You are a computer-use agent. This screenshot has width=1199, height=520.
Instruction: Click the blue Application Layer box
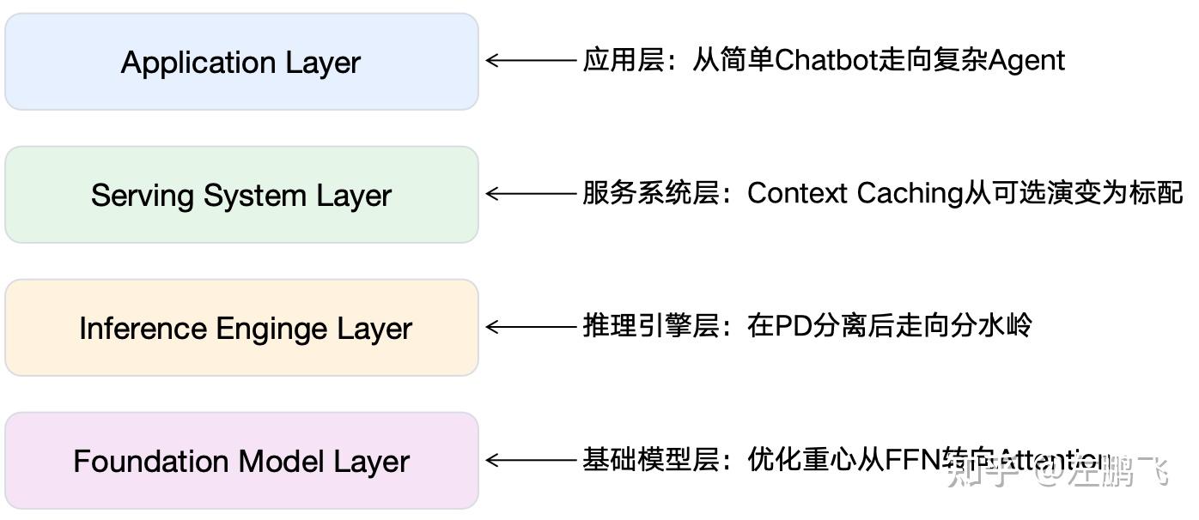tap(241, 62)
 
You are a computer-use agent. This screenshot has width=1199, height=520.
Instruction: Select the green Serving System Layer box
tap(241, 195)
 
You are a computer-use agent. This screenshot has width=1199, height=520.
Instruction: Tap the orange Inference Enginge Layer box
tap(241, 328)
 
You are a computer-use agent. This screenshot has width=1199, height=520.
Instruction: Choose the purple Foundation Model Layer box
tap(241, 461)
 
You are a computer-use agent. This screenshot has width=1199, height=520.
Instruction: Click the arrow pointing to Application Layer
tap(531, 60)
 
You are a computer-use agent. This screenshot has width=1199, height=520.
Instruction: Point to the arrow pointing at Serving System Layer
tap(531, 194)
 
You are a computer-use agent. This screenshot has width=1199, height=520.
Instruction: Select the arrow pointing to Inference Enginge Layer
tap(531, 326)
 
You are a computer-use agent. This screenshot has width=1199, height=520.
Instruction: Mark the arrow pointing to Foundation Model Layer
tap(531, 460)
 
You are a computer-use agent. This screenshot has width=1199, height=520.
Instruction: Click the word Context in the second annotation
tap(797, 193)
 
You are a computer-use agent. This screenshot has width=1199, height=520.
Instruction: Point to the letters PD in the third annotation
tap(788, 326)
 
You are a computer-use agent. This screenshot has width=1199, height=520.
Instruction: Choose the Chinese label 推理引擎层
tap(650, 326)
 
